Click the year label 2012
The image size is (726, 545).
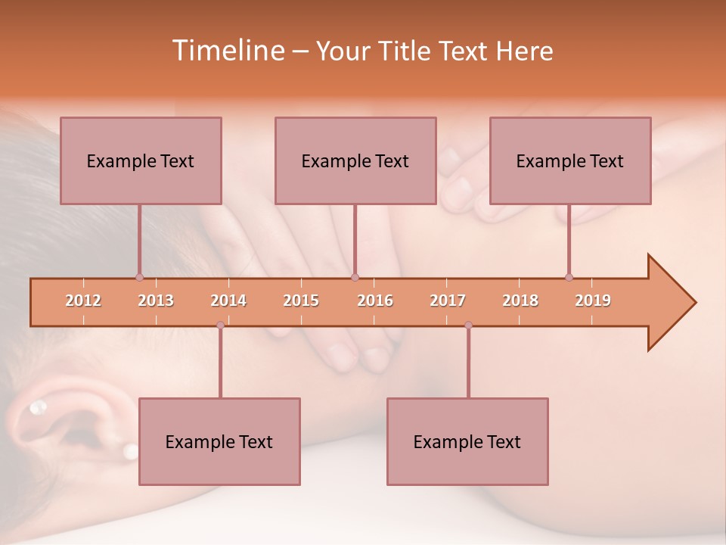coord(83,301)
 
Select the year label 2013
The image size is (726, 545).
coord(156,301)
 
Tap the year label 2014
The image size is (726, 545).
coord(228,301)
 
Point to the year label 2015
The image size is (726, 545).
coord(301,301)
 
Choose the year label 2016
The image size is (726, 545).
coord(375,301)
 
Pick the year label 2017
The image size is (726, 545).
coord(448,301)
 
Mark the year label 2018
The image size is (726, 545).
coord(520,301)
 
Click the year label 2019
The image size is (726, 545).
coord(593,301)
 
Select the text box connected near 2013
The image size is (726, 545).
coord(141,160)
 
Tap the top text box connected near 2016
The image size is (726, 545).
coord(355,160)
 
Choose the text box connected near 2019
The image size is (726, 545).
coord(570,160)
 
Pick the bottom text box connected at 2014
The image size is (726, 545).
coord(219,441)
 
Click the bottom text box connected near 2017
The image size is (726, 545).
coord(467,441)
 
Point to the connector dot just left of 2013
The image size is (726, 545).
coord(139,277)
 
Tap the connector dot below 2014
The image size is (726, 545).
coord(220,325)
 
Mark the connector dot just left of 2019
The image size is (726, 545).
coord(569,277)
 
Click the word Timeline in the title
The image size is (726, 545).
coord(228,50)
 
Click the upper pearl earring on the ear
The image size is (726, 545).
coord(37,409)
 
